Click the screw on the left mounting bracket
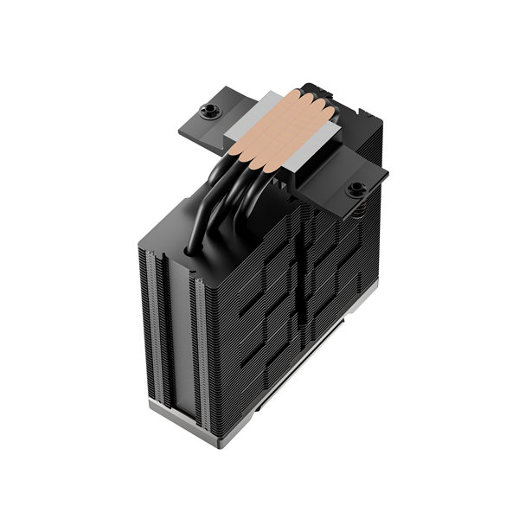[208, 110]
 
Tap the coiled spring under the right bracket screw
[354, 208]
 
